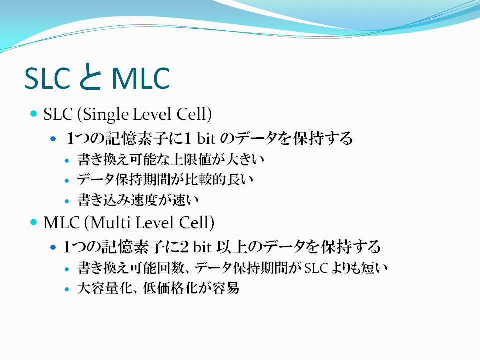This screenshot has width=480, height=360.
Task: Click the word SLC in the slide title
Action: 47,78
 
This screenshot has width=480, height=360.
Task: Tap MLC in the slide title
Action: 141,78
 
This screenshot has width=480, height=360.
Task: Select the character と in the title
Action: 90,76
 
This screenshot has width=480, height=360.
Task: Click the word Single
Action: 106,115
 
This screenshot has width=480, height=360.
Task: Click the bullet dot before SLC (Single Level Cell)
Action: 33,114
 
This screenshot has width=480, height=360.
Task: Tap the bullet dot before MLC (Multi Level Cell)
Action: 33,222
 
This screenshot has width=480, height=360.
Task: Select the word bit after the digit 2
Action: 202,246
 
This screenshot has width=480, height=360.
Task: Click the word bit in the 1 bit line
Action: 206,138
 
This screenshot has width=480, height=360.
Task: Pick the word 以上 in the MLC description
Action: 231,246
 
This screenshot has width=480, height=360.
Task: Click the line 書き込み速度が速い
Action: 138,200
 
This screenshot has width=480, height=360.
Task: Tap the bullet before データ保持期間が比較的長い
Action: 67,181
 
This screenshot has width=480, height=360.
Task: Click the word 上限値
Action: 190,159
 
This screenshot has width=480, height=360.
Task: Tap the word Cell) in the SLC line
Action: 194,114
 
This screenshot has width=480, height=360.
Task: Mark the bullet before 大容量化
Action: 67,289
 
